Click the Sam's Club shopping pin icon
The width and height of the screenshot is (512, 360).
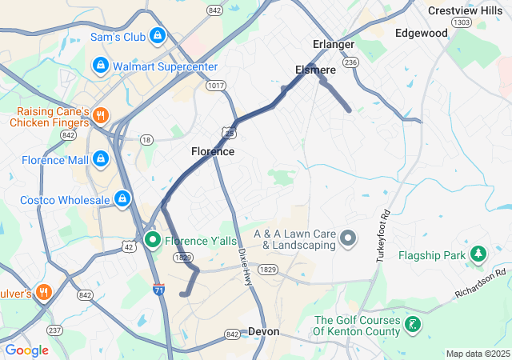tap(158, 37)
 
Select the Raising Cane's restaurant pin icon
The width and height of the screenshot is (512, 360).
tap(100, 114)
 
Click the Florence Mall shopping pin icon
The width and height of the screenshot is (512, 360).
tap(100, 159)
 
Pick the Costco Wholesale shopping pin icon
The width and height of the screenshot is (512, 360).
tap(122, 198)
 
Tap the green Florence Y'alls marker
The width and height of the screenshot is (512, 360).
tap(153, 239)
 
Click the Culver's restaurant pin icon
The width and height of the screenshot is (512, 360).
tap(42, 292)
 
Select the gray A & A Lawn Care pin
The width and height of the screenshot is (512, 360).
tap(348, 238)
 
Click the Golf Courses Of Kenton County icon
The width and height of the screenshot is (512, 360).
tap(413, 324)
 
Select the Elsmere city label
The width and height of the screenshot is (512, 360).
tap(315, 70)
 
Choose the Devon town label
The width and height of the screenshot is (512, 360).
tap(263, 330)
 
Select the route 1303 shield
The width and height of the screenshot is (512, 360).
tap(461, 22)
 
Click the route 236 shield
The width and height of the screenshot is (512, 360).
tap(349, 62)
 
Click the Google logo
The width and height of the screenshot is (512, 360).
tap(26, 350)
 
